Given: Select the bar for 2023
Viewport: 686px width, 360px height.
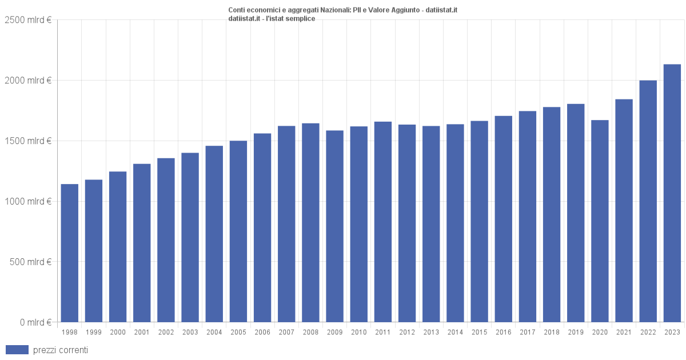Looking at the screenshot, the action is pyautogui.click(x=672, y=193).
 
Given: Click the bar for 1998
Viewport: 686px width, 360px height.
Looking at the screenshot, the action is pyautogui.click(x=70, y=253).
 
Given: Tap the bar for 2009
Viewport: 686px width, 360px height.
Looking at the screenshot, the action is pyautogui.click(x=335, y=226).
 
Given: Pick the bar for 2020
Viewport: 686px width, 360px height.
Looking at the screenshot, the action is pyautogui.click(x=600, y=221).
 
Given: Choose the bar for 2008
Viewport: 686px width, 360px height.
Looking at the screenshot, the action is pyautogui.click(x=310, y=223).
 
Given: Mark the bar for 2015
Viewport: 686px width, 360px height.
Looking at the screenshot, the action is pyautogui.click(x=479, y=222).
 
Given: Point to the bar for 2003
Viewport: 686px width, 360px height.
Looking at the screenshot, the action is pyautogui.click(x=190, y=238).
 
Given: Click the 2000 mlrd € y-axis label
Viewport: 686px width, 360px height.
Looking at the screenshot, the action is pyautogui.click(x=28, y=81).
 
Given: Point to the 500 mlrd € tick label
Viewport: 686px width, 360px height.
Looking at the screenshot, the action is pyautogui.click(x=30, y=262).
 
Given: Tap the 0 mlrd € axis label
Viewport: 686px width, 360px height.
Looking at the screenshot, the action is pyautogui.click(x=35, y=322).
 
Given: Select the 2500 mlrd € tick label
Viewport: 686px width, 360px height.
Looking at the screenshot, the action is pyautogui.click(x=28, y=20).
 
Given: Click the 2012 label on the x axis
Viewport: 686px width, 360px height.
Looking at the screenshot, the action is pyautogui.click(x=407, y=332).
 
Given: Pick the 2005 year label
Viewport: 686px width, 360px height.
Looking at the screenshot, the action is pyautogui.click(x=238, y=332).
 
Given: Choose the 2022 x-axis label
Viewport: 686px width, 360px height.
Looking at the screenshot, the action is pyautogui.click(x=648, y=332).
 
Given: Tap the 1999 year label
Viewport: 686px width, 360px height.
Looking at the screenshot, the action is pyautogui.click(x=94, y=332).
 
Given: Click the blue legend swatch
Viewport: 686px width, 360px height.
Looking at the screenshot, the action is pyautogui.click(x=17, y=350).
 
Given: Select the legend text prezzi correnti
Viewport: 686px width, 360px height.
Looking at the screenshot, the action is pyautogui.click(x=61, y=350).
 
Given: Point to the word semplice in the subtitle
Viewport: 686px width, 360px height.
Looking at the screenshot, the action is pyautogui.click(x=300, y=19).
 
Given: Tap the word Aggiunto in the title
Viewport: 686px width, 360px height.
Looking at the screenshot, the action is pyautogui.click(x=405, y=10).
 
